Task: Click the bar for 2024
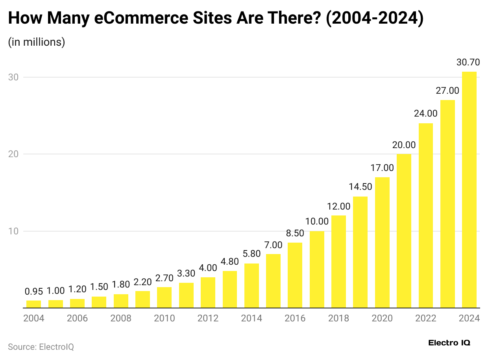pos(469,189)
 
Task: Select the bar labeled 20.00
pos(404,231)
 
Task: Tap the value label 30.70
pos(469,62)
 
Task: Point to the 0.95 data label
pos(33,291)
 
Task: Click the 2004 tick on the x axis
pos(33,318)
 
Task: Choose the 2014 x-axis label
pos(251,318)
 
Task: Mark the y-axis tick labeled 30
pos(13,77)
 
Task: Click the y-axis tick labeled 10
pos(13,231)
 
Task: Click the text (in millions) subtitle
pos(36,42)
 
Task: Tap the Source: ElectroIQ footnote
pos(41,347)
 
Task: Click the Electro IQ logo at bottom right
pos(449,343)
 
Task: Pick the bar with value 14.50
pos(360,252)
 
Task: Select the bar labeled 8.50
pos(295,275)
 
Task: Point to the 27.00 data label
pos(447,91)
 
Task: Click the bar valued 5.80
pos(251,286)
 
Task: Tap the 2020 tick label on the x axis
pos(382,318)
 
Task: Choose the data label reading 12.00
pos(338,206)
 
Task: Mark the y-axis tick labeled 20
pos(13,154)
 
